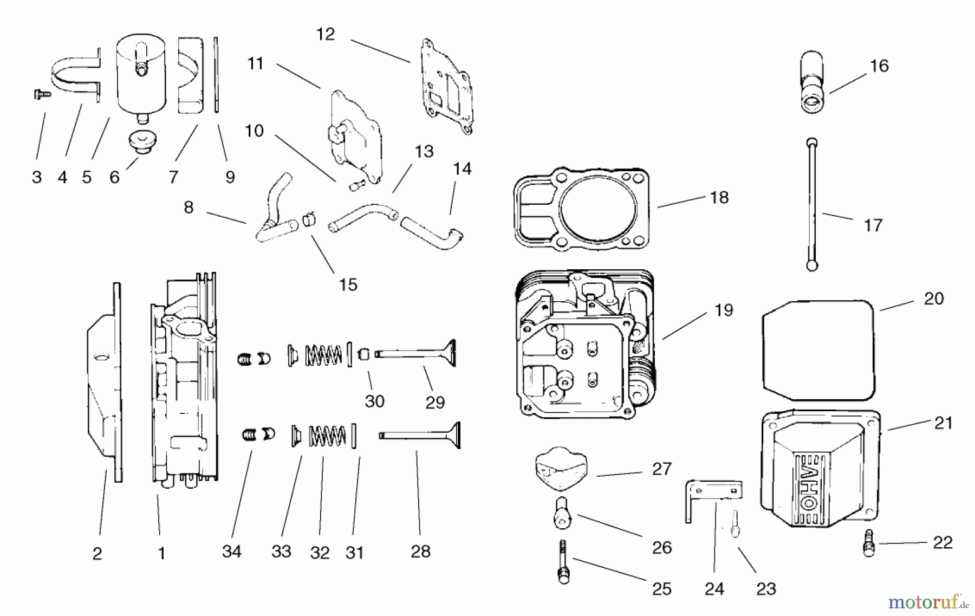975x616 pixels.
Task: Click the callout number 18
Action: [x=719, y=198]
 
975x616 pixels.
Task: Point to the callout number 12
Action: [x=326, y=35]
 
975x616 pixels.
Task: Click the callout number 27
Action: [x=661, y=469]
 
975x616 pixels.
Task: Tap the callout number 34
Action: [x=231, y=552]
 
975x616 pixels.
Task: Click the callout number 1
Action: [x=161, y=553]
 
